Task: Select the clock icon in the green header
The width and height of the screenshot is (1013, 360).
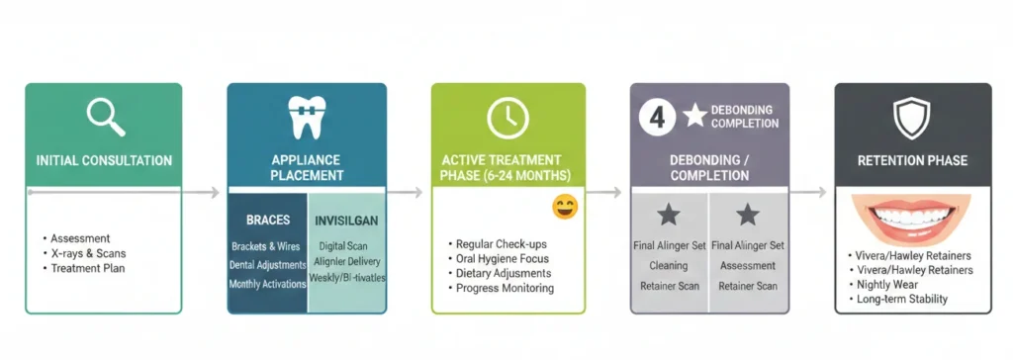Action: point(507,118)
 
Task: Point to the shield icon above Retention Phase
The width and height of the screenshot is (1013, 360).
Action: point(911,118)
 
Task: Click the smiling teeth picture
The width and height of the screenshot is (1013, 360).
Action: point(911,224)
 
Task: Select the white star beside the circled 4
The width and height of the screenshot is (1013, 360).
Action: point(695,116)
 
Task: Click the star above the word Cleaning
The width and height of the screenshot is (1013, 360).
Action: point(669,215)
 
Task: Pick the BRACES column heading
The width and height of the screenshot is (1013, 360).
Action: point(267,220)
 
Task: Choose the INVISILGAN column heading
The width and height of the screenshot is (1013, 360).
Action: point(346,220)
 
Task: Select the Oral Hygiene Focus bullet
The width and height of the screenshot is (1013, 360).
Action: point(502,258)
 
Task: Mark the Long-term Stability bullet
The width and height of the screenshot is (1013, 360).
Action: point(902,299)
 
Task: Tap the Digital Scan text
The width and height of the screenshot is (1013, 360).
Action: point(346,246)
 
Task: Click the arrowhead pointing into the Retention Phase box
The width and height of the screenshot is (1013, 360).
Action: point(825,193)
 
